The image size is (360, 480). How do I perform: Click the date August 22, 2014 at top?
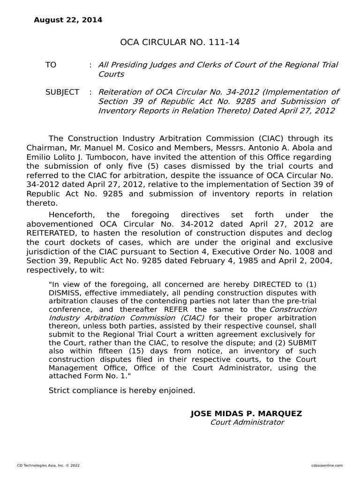(67, 20)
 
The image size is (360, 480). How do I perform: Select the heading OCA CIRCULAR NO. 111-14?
(180, 43)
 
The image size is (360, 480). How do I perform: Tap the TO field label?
(51, 65)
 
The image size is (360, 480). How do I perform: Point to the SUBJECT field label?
(62, 92)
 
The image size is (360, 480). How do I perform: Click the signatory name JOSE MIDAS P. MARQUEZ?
(246, 413)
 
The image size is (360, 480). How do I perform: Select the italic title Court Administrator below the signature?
(247, 422)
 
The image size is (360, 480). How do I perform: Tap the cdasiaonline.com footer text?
(327, 465)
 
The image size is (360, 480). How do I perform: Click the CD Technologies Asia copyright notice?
(48, 465)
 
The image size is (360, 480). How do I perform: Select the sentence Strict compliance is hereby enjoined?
(121, 390)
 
